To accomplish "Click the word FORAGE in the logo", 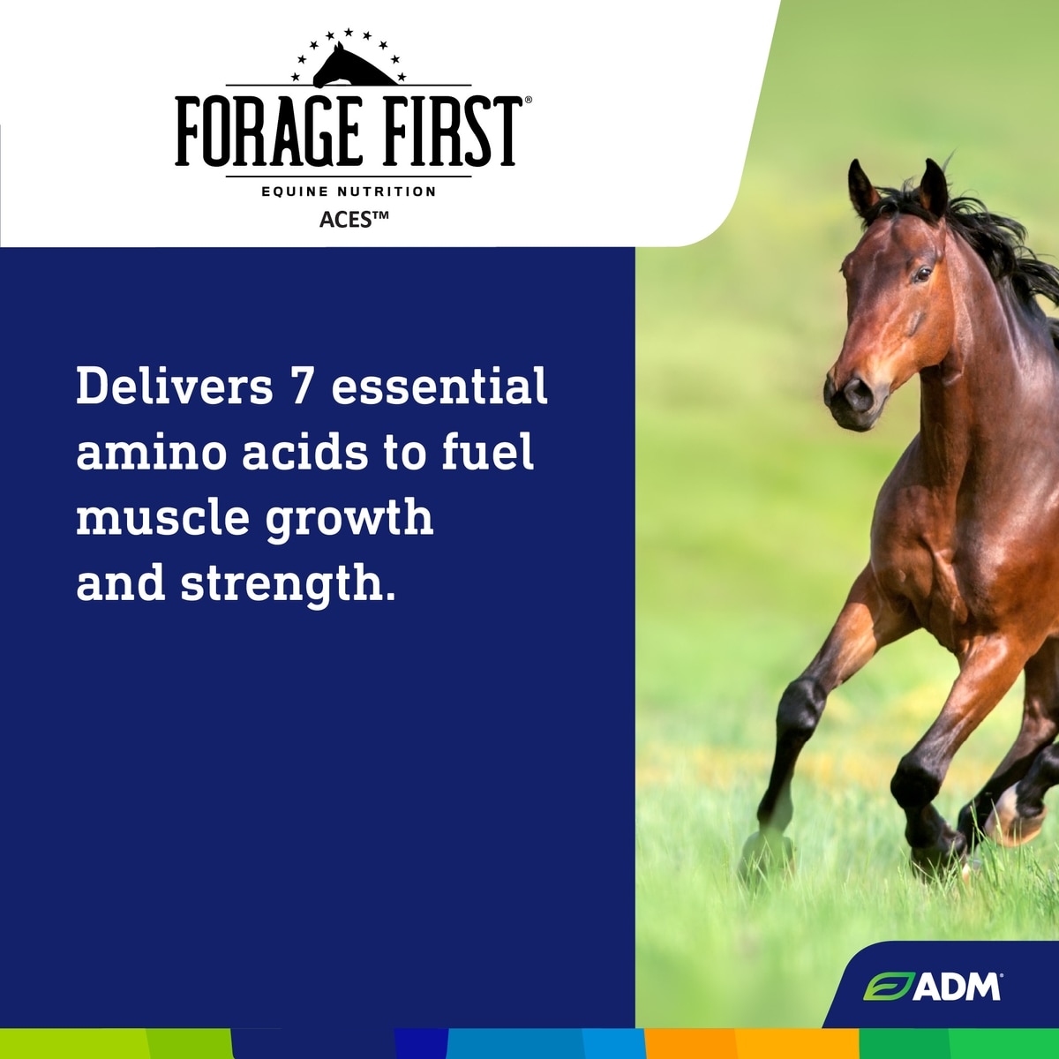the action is (x=267, y=131).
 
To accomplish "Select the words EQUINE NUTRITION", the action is (x=349, y=192).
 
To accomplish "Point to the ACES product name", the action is (x=354, y=219).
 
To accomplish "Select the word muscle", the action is (x=163, y=518).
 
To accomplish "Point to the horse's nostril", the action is (x=856, y=393).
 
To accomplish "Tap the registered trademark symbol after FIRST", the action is (x=528, y=100).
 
